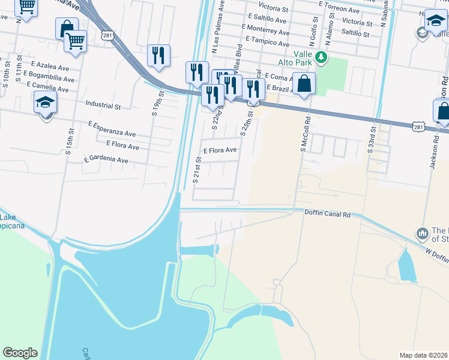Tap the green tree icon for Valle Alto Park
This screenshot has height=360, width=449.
[322, 58]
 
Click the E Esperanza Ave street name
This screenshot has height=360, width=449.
[112, 129]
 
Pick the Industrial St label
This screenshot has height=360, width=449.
[103, 106]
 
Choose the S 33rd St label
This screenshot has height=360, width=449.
[372, 140]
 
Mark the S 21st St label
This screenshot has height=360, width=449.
[196, 170]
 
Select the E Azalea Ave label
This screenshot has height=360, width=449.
[53, 64]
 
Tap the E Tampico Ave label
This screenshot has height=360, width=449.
[266, 43]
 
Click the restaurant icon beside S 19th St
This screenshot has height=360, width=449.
[158, 55]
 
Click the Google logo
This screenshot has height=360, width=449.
[20, 353]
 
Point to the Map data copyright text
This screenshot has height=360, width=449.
[423, 355]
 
